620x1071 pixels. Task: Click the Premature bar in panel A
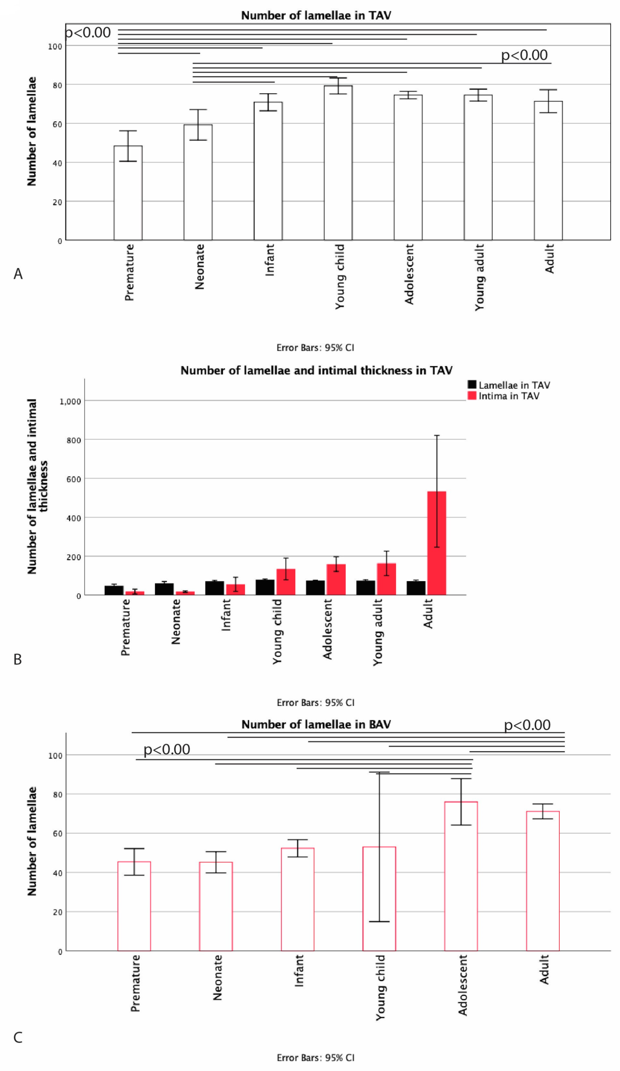[x=128, y=193]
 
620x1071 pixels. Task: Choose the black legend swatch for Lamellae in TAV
[x=472, y=385]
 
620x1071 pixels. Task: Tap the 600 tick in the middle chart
[x=74, y=479]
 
